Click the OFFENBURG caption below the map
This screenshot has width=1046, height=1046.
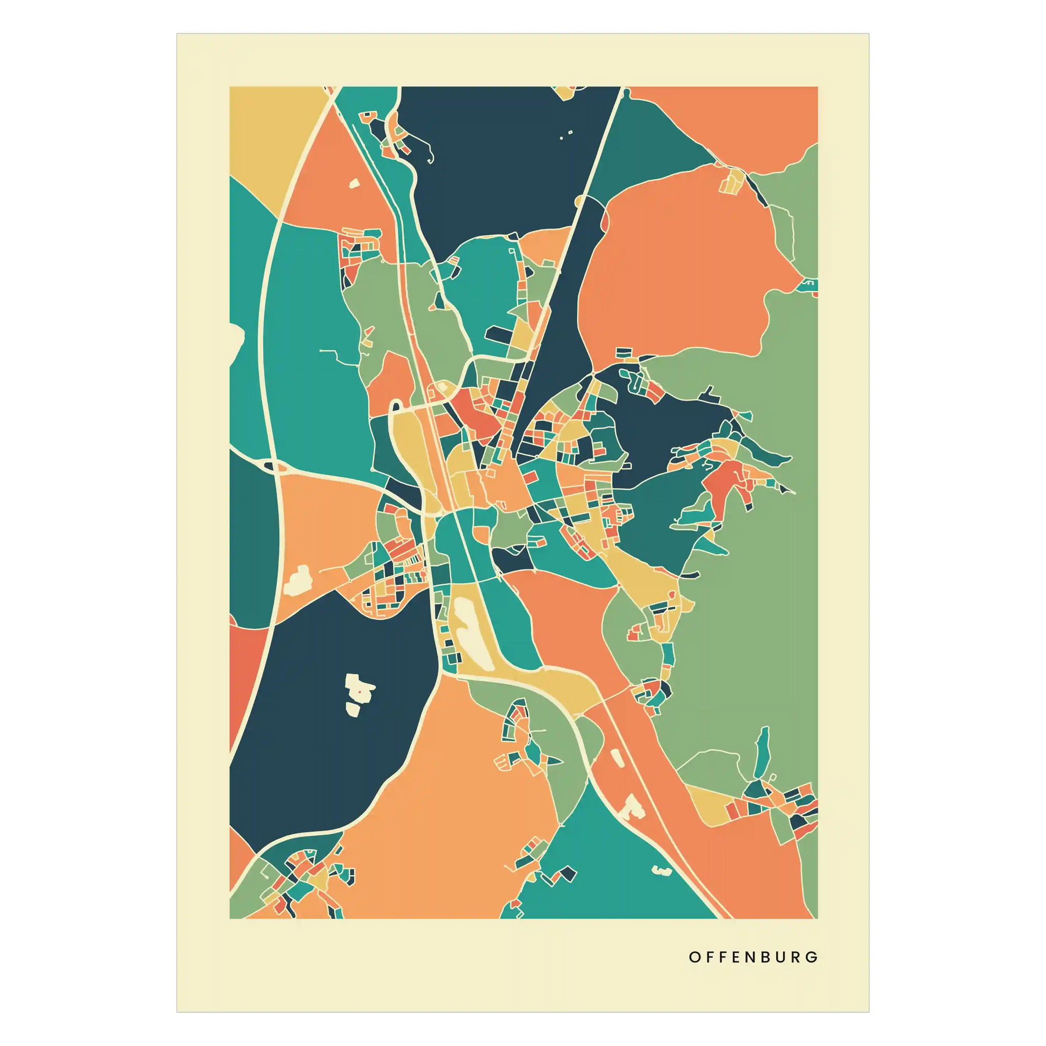pyautogui.click(x=753, y=957)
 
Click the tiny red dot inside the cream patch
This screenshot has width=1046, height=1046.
pyautogui.click(x=359, y=691)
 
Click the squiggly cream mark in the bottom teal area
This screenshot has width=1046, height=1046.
pyautogui.click(x=662, y=871)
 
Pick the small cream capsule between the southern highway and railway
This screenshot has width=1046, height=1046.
pyautogui.click(x=617, y=758)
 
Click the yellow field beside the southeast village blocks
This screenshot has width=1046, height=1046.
pyautogui.click(x=709, y=807)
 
